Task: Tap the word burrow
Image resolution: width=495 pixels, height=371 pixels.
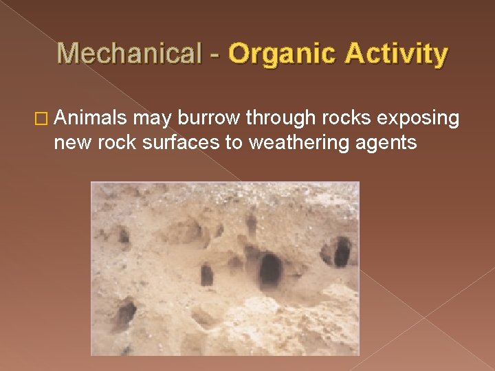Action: tap(208, 119)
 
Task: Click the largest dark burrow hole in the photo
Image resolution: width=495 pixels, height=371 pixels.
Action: tap(269, 269)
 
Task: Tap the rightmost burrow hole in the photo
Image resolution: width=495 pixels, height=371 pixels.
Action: tap(341, 251)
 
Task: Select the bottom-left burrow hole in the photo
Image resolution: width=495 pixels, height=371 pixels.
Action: tap(125, 313)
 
